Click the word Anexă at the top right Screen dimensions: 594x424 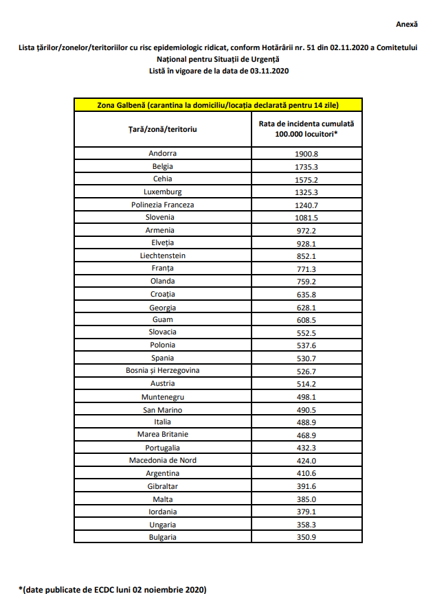click(406, 24)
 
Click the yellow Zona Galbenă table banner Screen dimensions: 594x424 click(218, 104)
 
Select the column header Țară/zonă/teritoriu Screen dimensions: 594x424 click(162, 129)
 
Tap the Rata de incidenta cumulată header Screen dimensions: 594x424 click(306, 129)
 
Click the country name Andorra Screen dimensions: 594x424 click(162, 154)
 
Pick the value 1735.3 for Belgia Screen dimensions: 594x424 click(306, 166)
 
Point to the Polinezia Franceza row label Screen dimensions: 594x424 click(162, 205)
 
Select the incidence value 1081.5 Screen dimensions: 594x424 click(306, 218)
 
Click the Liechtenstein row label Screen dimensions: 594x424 click(162, 255)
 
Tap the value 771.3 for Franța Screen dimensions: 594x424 click(306, 269)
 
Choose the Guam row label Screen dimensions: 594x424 click(162, 319)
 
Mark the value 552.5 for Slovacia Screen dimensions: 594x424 click(306, 332)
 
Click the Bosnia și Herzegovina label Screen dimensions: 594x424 click(162, 371)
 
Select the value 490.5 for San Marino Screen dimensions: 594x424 click(306, 410)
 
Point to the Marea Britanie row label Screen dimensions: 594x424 click(162, 434)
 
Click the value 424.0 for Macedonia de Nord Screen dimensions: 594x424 click(306, 460)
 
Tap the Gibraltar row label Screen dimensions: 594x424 click(162, 486)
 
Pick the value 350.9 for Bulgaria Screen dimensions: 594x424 click(306, 536)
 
